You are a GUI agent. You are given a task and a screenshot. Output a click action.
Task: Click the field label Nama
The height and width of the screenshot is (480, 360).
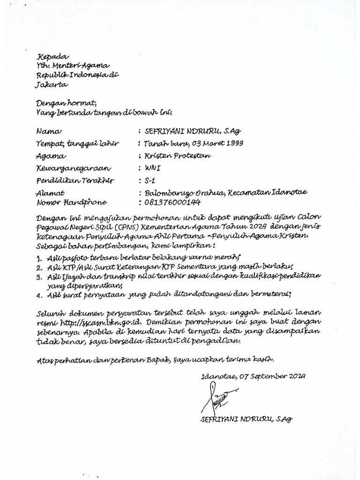[x=49, y=132]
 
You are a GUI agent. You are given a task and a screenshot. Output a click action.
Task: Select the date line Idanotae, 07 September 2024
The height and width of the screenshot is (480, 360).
[x=253, y=376]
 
